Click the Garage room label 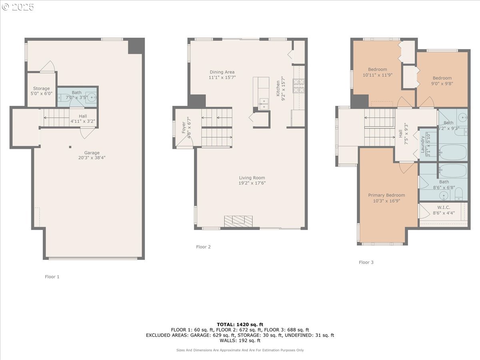coord(92,153)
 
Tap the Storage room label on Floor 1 coord(42,88)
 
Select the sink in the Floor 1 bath coord(92,97)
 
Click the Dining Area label coord(222,72)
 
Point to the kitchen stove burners coord(299,85)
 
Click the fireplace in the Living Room coord(238,221)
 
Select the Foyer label coord(184,127)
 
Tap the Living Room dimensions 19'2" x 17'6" coord(252,183)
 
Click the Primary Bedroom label coord(386,195)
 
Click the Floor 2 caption coord(203,247)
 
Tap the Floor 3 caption coord(366,262)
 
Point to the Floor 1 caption coord(52,276)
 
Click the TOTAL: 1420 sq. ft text coord(240,324)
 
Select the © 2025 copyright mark coord(18,7)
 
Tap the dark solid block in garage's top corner coord(136,46)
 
